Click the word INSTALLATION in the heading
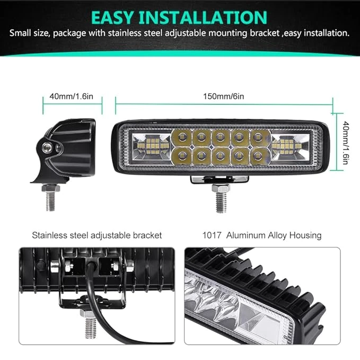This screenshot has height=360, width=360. [x=203, y=17]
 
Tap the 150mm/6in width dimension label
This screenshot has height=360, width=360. [x=223, y=96]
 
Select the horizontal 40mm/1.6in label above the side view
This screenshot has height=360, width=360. [x=72, y=96]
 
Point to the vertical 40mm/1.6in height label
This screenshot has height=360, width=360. [x=346, y=142]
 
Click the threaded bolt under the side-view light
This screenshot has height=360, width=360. [x=50, y=197]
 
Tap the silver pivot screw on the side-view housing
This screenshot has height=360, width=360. [x=47, y=147]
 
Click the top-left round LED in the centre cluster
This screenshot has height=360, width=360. [x=182, y=137]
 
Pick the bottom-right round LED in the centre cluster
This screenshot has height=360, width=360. [x=258, y=156]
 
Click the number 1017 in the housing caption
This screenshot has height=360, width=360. [x=212, y=235]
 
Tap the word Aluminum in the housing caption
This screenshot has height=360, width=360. [x=246, y=235]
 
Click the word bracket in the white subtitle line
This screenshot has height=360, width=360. [x=265, y=33]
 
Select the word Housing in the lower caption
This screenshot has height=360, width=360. [x=305, y=236]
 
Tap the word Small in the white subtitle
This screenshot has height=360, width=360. [x=20, y=33]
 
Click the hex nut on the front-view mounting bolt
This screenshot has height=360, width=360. [x=221, y=188]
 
